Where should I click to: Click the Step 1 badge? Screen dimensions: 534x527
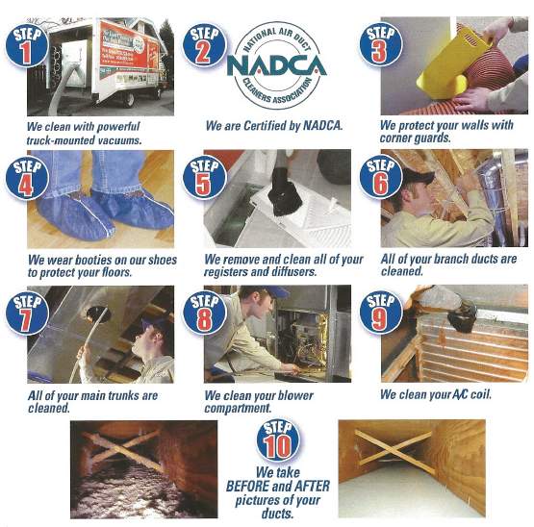[x=27, y=45]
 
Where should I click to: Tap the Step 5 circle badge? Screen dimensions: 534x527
[x=204, y=177]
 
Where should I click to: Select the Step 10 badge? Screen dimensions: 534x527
[x=278, y=440]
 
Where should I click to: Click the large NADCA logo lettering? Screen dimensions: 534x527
[x=276, y=65]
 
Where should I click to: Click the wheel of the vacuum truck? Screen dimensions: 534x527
[x=128, y=100]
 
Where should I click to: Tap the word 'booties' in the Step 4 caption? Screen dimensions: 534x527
[x=92, y=260]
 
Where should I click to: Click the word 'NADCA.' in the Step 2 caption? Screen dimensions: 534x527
[x=322, y=126]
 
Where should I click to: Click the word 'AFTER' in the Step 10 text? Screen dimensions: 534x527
[x=312, y=487]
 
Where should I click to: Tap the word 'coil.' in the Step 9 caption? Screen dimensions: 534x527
[x=481, y=394]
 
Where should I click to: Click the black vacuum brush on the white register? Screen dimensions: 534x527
[x=285, y=197]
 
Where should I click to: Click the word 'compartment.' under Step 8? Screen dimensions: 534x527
[x=238, y=408]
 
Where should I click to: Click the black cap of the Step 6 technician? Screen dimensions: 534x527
[x=418, y=176]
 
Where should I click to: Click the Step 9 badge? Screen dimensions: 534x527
[x=381, y=313]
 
